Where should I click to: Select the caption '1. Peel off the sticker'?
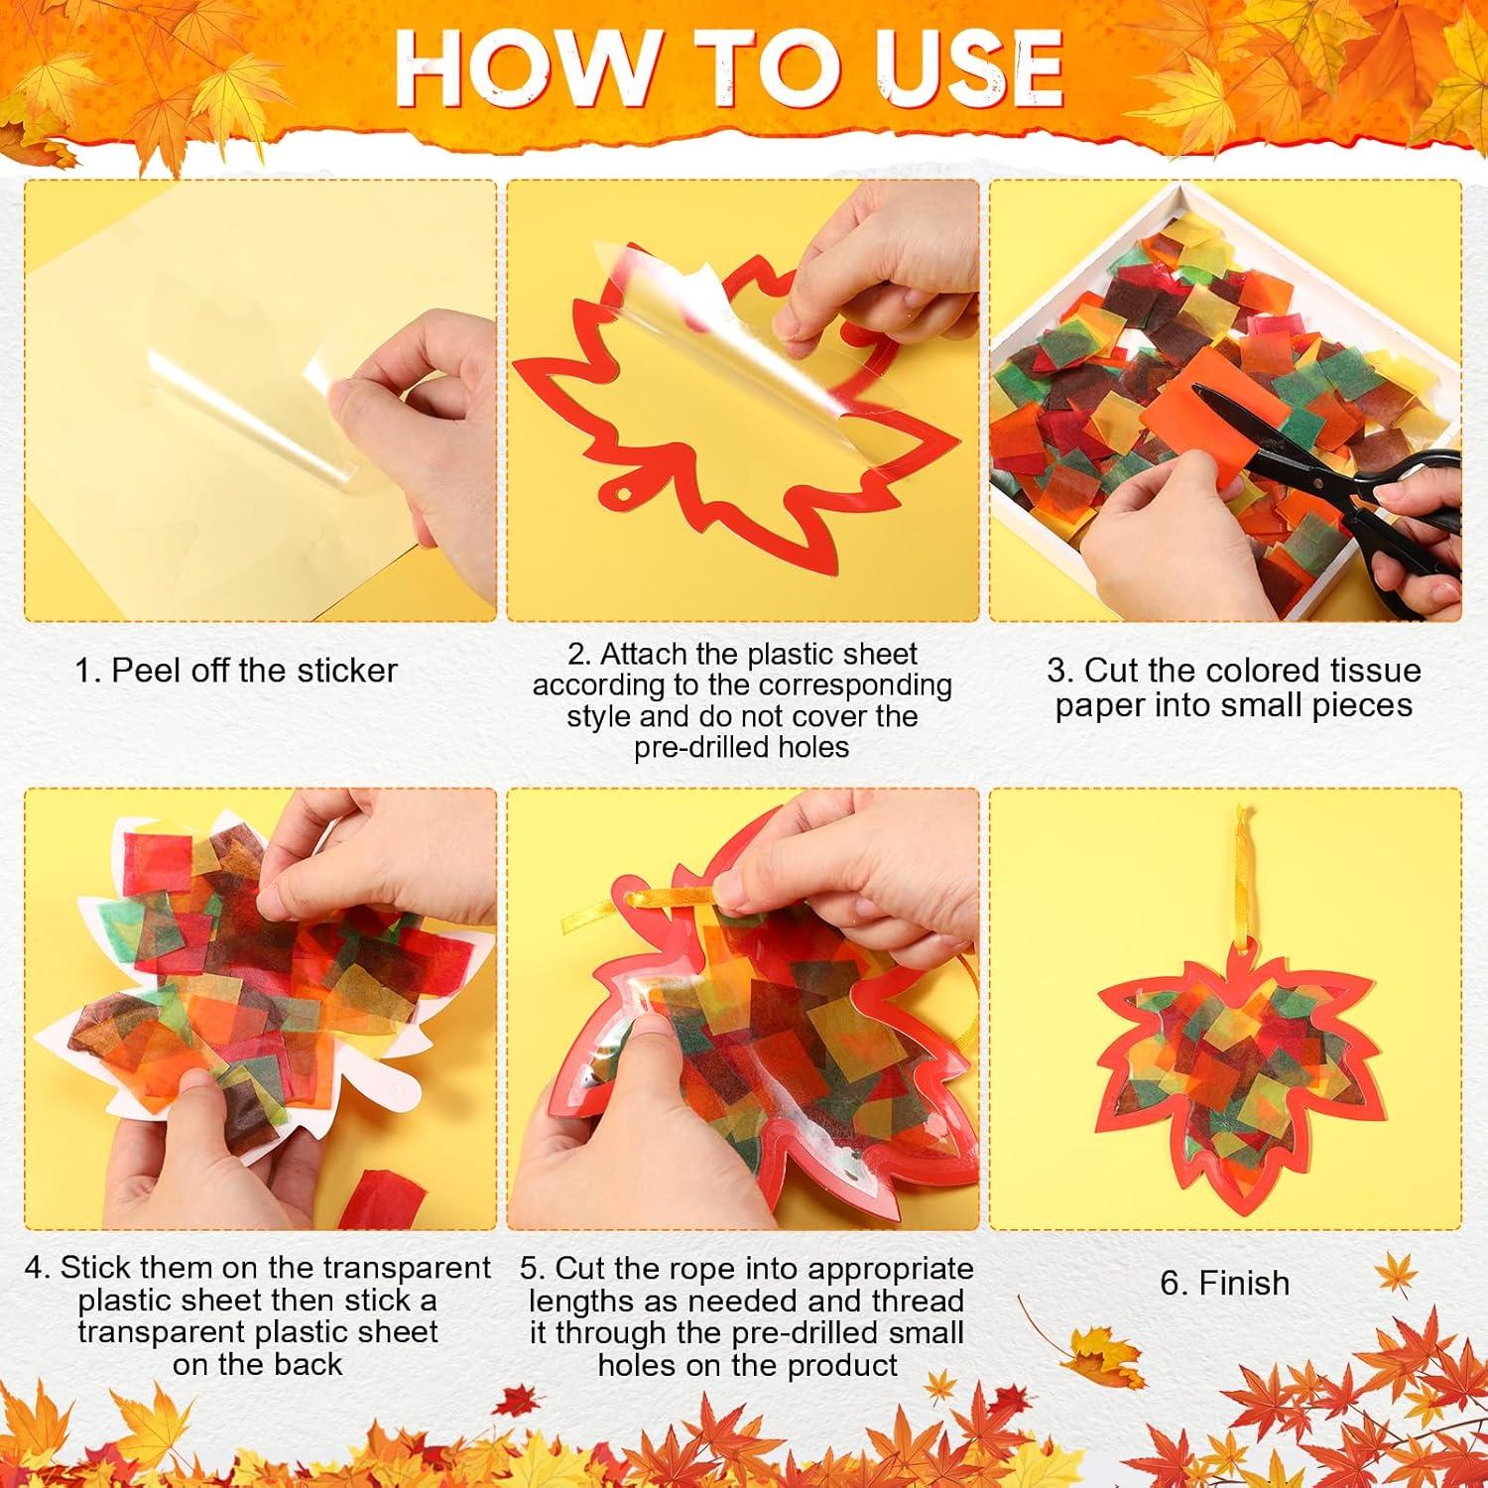pyautogui.click(x=236, y=671)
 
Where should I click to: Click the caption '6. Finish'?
pyautogui.click(x=1224, y=1283)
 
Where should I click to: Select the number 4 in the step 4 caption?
pyautogui.click(x=36, y=1268)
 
